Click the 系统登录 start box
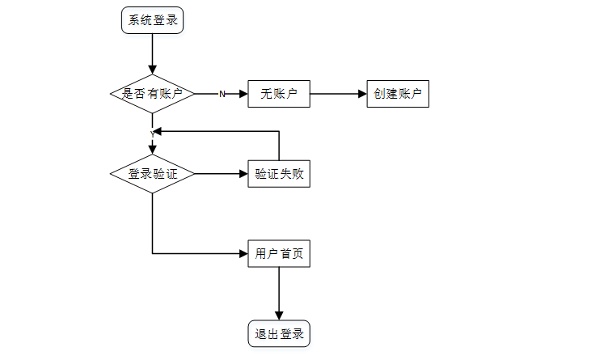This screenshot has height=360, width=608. pyautogui.click(x=152, y=20)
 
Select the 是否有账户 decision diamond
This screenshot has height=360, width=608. pyautogui.click(x=152, y=94)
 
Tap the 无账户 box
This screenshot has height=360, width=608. pyautogui.click(x=279, y=94)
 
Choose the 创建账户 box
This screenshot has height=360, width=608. pyautogui.click(x=397, y=94)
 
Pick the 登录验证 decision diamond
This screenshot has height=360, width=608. pyautogui.click(x=152, y=173)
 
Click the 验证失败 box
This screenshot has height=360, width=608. pyautogui.click(x=279, y=173)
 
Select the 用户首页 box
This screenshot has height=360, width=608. pyautogui.click(x=279, y=253)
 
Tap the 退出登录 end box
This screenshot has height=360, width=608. pyautogui.click(x=279, y=333)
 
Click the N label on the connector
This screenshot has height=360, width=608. pyautogui.click(x=222, y=95)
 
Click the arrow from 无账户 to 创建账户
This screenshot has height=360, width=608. pyautogui.click(x=338, y=94)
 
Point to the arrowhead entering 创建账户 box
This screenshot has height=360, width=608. pyautogui.click(x=361, y=94)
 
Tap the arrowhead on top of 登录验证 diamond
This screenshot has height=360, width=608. pyautogui.click(x=152, y=148)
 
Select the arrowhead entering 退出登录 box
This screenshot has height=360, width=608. pyautogui.click(x=279, y=316)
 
